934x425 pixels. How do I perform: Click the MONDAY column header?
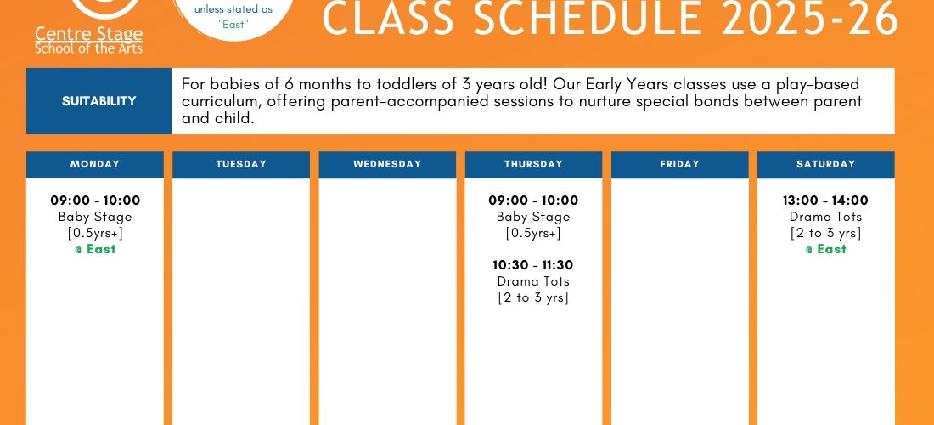(95, 165)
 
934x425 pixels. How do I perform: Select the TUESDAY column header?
(241, 165)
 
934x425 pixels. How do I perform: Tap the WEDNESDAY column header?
(387, 165)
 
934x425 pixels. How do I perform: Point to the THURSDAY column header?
(534, 165)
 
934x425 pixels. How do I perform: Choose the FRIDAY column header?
(679, 165)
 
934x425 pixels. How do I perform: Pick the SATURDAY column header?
(826, 165)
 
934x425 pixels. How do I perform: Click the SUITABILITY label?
(98, 101)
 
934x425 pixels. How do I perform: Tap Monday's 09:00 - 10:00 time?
(95, 201)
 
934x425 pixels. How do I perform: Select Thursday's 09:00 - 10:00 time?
(534, 201)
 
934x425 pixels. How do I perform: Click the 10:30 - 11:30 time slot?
(533, 265)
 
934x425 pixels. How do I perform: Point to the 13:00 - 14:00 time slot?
(825, 201)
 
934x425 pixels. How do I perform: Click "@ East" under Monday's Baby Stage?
(95, 249)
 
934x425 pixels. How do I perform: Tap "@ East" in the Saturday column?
(825, 249)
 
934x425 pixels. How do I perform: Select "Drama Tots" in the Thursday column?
(533, 281)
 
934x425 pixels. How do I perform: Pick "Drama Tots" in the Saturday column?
(825, 217)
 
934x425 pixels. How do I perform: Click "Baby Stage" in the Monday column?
(95, 217)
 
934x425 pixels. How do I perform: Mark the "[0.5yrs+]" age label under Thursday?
(534, 233)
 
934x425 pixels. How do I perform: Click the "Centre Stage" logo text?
(89, 33)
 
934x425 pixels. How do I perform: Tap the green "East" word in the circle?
(233, 25)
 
